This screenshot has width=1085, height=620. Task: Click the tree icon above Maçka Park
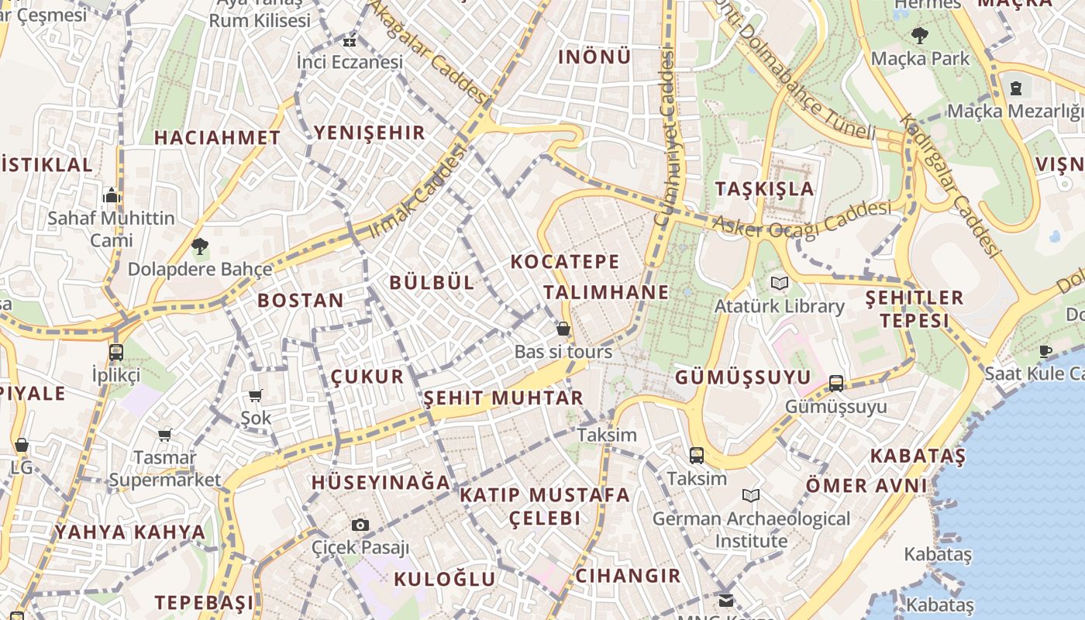point(920,35)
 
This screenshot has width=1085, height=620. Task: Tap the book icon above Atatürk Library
point(779,284)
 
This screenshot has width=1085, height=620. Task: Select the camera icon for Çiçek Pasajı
point(360,525)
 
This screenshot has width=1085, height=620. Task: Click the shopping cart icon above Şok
point(256,396)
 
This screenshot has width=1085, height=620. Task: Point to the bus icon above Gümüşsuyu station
point(835,383)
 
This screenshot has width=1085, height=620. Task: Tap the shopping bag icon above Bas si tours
point(563,329)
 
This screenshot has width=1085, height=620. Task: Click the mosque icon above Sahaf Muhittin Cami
point(112,195)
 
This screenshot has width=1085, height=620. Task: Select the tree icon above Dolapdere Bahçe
point(200,246)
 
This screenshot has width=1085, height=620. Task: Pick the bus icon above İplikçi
point(116,352)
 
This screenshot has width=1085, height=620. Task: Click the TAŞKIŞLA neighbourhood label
point(764,189)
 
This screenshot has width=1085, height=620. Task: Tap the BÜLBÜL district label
point(432,283)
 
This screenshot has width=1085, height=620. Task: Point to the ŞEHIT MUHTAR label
point(503,398)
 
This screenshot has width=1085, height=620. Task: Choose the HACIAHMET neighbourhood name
point(217,138)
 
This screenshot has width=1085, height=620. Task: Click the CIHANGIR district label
point(628,576)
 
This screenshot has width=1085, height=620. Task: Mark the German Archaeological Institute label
point(751,529)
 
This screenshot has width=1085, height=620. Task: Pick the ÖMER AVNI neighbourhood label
point(866,486)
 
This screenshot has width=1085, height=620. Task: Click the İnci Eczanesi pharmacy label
point(350,62)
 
